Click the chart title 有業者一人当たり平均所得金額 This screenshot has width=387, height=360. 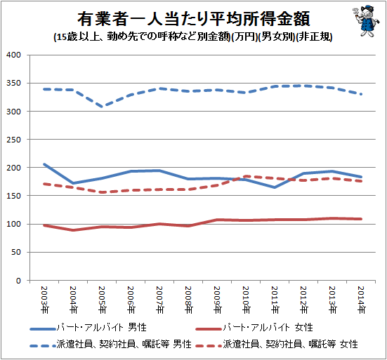[x=194, y=19]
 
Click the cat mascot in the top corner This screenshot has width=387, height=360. [x=365, y=21]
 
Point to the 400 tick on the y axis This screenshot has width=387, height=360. [x=14, y=55]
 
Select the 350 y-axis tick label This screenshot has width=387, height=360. [x=14, y=83]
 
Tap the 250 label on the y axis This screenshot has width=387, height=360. [x=14, y=140]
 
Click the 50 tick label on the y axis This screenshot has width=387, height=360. [x=16, y=252]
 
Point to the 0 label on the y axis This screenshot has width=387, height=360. [x=18, y=281]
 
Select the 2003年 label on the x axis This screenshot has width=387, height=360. [x=44, y=300]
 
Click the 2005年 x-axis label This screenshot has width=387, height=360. [x=102, y=300]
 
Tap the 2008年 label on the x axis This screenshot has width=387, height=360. [x=188, y=300]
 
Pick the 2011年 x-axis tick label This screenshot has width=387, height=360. [x=275, y=300]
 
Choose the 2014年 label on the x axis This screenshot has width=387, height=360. [x=361, y=300]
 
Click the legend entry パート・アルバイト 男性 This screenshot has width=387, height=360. [x=88, y=328]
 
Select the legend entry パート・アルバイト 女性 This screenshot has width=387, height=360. [x=254, y=328]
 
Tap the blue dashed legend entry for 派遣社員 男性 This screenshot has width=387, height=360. [x=110, y=345]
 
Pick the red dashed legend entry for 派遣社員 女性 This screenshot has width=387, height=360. [x=277, y=345]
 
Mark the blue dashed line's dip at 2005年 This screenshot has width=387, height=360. [x=102, y=107]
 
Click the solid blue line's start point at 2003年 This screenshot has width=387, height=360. [x=44, y=164]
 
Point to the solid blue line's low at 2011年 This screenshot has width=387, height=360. [x=275, y=187]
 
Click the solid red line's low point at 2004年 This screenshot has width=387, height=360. [x=73, y=230]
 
